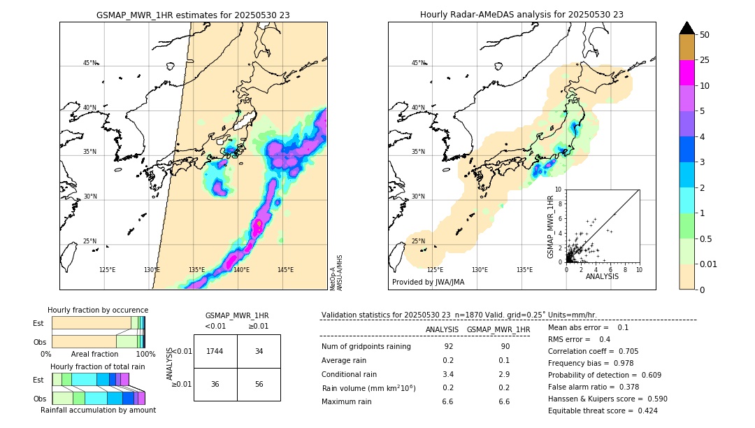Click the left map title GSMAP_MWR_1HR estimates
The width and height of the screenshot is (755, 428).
[193, 15]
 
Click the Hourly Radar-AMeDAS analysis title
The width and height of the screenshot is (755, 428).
[522, 15]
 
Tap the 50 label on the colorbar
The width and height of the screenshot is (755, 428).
[705, 35]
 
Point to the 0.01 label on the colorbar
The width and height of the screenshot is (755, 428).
[709, 264]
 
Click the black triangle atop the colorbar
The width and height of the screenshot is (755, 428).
[686, 28]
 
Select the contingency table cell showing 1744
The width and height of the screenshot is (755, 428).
[215, 351]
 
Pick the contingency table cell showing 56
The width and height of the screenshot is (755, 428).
[259, 384]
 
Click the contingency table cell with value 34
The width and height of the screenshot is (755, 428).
[259, 351]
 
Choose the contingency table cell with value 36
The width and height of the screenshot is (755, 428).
[215, 384]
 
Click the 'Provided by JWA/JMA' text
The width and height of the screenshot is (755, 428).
[428, 283]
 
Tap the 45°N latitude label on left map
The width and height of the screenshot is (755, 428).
[89, 63]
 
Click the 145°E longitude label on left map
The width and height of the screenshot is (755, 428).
[285, 270]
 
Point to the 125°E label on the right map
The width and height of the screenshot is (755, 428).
[435, 270]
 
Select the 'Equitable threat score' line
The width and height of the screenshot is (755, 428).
[603, 411]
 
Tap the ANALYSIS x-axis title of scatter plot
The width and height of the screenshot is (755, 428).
[601, 276]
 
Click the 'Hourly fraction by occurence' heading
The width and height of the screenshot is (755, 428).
[98, 310]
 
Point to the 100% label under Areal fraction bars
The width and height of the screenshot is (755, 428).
[145, 355]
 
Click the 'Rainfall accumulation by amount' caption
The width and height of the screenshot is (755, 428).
[98, 410]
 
